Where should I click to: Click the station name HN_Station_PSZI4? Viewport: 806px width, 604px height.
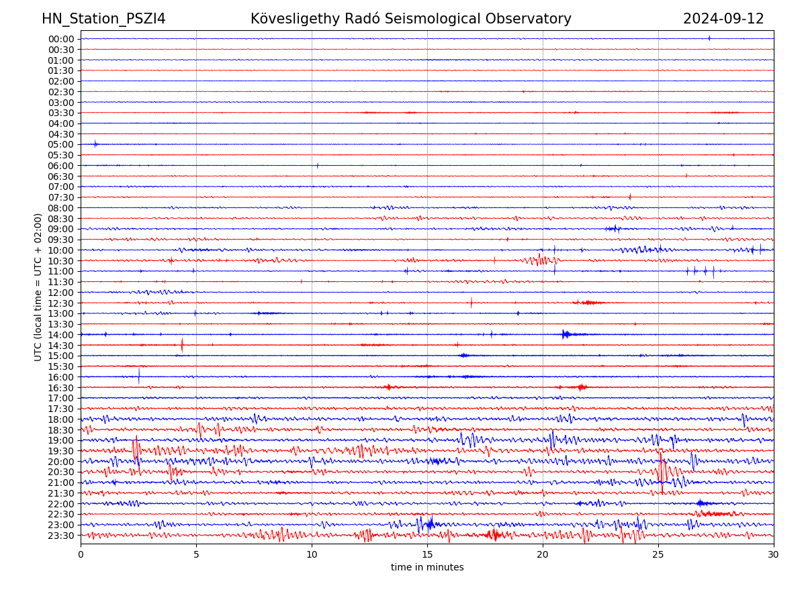click(103, 19)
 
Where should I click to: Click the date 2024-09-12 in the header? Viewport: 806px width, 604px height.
click(723, 19)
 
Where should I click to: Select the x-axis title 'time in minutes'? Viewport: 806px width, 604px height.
click(427, 567)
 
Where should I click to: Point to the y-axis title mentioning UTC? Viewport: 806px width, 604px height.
click(38, 287)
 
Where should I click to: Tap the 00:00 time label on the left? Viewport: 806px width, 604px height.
click(60, 39)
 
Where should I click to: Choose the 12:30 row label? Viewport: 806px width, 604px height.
click(60, 303)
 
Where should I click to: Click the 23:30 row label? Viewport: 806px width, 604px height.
click(60, 536)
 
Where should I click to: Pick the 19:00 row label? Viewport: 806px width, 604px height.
click(60, 440)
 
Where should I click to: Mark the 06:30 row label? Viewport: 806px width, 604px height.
click(60, 177)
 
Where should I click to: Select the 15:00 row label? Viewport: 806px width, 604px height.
click(60, 356)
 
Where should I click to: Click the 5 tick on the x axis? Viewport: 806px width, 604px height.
click(196, 554)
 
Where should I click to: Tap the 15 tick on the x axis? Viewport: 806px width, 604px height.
click(427, 554)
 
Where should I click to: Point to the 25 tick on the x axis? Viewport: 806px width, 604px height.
click(658, 554)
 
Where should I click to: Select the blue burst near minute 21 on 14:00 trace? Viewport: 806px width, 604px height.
click(566, 334)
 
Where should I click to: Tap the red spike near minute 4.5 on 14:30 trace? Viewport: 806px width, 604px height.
click(182, 345)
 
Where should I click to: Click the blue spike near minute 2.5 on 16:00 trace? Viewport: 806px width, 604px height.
click(139, 376)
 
